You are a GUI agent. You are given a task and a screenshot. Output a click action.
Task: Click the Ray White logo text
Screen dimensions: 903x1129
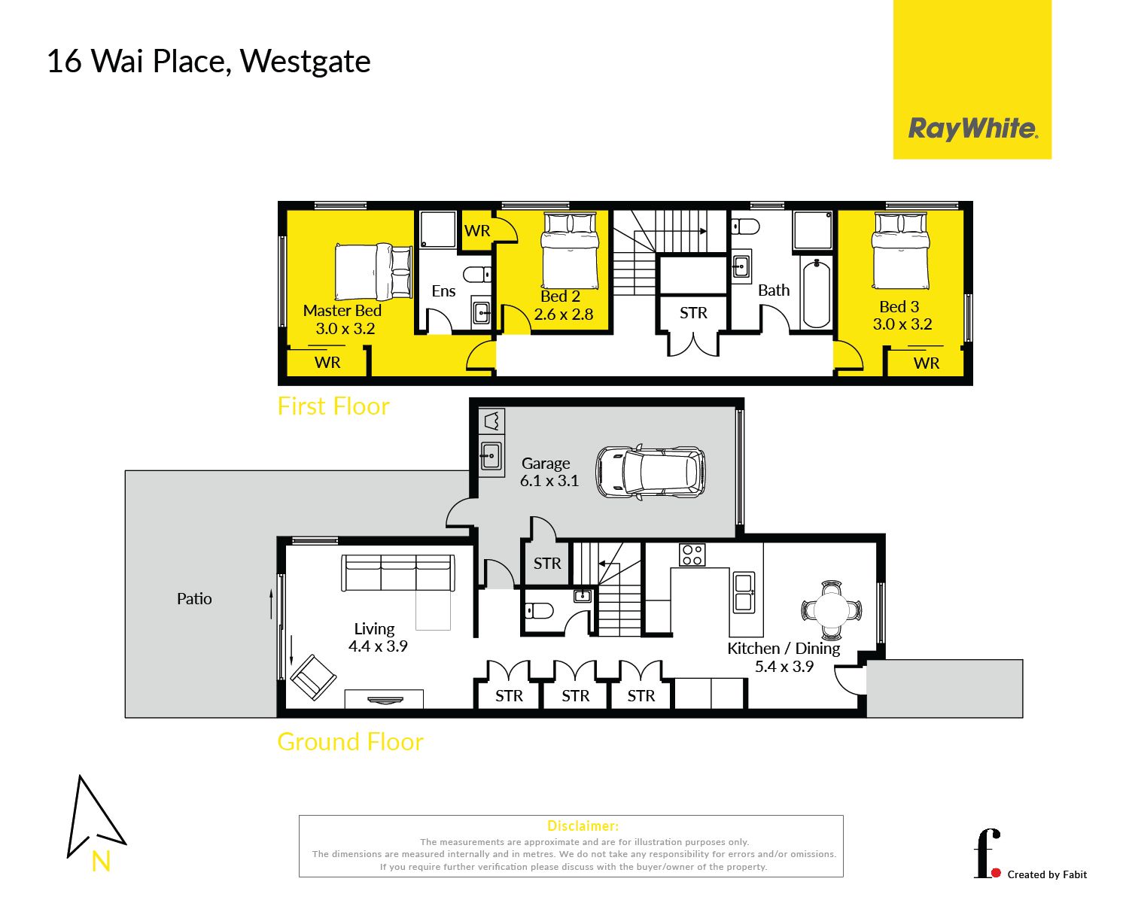(972, 129)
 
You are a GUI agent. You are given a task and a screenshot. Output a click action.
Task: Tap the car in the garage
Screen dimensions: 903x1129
(650, 473)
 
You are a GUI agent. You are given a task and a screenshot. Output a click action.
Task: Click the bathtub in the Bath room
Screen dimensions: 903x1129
(816, 294)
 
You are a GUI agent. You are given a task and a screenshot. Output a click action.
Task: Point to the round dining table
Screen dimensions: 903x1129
(831, 609)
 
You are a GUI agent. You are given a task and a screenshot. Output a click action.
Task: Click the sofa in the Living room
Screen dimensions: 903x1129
(397, 573)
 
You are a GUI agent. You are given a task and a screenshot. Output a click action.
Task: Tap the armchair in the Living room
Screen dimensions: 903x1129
(312, 677)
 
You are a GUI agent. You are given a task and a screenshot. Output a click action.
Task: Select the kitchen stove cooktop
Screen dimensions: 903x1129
(692, 555)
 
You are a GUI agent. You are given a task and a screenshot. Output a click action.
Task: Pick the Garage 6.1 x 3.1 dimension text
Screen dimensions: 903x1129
(549, 481)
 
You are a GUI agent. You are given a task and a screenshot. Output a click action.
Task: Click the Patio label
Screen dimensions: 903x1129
(194, 599)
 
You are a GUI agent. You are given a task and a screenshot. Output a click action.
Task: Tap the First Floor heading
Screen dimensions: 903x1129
(333, 406)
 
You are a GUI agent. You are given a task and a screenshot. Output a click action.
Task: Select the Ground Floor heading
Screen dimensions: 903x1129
(350, 742)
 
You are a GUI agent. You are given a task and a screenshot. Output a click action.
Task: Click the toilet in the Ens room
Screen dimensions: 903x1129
(476, 274)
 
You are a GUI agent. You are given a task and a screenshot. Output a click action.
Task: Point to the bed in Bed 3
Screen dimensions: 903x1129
(899, 251)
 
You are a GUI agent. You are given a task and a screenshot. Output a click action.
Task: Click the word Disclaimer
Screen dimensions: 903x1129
(583, 826)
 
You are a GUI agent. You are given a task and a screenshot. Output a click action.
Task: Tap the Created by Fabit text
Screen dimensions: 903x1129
(1047, 874)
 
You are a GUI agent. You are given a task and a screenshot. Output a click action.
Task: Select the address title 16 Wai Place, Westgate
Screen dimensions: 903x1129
(208, 62)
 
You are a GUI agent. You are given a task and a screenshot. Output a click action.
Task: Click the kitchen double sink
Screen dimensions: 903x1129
(744, 592)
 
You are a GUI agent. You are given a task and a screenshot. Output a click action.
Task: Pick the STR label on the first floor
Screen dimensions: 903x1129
(693, 313)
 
